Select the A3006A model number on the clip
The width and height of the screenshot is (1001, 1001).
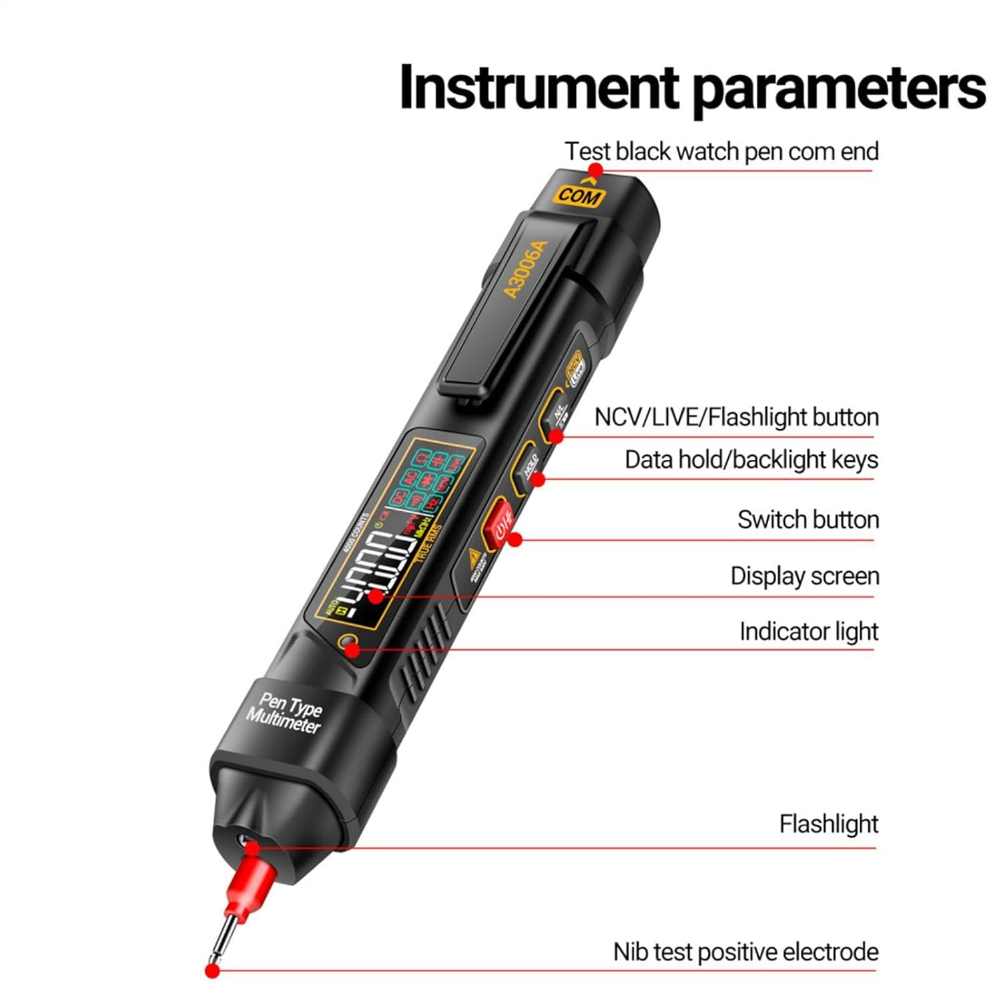[x=525, y=270]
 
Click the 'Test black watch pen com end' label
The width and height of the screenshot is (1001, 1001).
[x=721, y=151]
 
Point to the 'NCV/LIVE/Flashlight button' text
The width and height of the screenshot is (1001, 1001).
[x=736, y=417]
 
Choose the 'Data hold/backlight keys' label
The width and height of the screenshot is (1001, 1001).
[x=751, y=460]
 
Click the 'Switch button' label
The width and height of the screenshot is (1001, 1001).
[x=807, y=519]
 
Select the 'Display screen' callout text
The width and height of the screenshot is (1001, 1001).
[x=804, y=575]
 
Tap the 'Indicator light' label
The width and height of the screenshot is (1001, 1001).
[x=808, y=631]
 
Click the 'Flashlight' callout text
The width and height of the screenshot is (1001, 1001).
[x=828, y=823]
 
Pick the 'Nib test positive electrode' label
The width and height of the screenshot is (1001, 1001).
[x=745, y=952]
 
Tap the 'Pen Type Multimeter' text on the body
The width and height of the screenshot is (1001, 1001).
[x=286, y=713]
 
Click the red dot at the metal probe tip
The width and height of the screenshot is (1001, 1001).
[x=212, y=971]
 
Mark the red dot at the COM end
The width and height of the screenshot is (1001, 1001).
[x=595, y=171]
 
